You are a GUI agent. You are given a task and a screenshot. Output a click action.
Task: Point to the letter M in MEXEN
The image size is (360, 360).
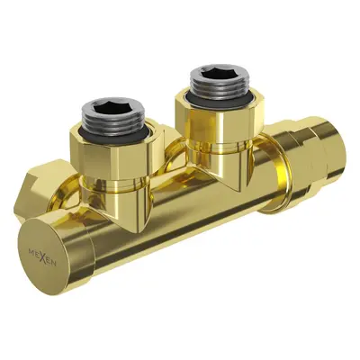tap(31, 252)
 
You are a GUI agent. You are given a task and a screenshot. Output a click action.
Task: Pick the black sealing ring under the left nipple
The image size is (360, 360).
tap(114, 133)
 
